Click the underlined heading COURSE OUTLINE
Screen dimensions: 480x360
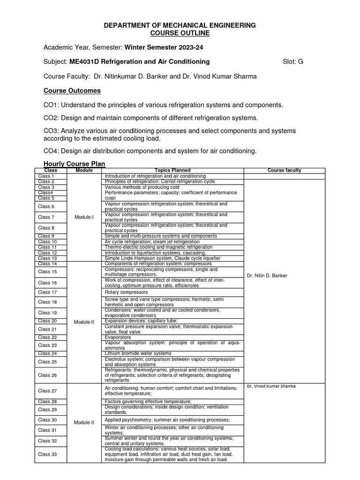coord(180,33)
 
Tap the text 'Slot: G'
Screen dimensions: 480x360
coord(293,61)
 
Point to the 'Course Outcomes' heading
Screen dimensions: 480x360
coord(72,90)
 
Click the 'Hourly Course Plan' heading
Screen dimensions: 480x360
coord(74,164)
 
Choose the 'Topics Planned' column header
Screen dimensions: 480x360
coord(172,170)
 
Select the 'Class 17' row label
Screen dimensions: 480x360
coord(47,292)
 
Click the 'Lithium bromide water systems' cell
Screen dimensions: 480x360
coord(138,353)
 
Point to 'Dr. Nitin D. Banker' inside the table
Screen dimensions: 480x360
coord(267,276)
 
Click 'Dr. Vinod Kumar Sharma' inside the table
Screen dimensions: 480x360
coord(271,386)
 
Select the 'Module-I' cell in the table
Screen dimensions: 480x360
coord(84,217)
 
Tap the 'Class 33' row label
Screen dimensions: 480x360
coord(47,454)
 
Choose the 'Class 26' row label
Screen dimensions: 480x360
coord(47,375)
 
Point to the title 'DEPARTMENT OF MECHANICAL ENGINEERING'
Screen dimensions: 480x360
coord(180,25)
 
